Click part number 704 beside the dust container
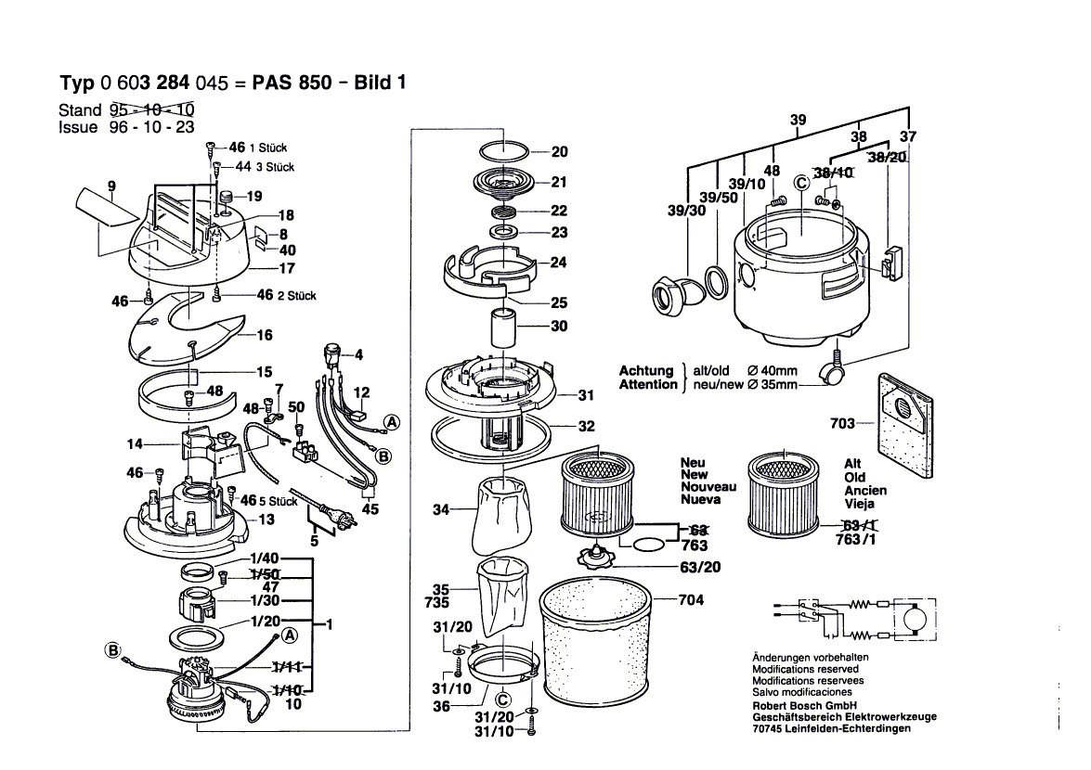692,599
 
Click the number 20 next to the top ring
559,152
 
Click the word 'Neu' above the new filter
693,462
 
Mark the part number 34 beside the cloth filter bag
441,509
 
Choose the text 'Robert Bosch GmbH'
806,704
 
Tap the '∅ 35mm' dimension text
770,385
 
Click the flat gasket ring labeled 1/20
196,638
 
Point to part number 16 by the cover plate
264,335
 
